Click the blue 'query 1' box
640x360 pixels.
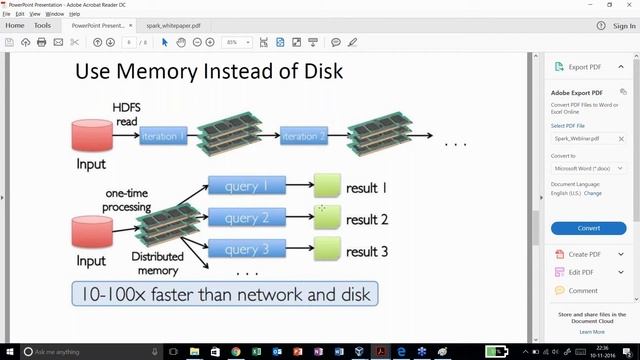coord(246,186)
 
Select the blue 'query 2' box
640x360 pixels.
coord(246,218)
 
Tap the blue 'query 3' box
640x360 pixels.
coord(246,250)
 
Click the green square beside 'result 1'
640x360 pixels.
coord(327,186)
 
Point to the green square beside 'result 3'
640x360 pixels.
coord(327,251)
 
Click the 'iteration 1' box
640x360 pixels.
coord(163,136)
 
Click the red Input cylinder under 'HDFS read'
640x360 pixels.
coord(91,136)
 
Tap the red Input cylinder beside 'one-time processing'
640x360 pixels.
coord(91,232)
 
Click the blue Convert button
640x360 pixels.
coord(588,228)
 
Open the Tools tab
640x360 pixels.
coord(42,25)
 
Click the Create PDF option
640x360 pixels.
coord(585,255)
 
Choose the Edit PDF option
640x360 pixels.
coord(581,273)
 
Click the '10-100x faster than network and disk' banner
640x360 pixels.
coord(224,293)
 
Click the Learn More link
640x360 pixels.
coord(591,331)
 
